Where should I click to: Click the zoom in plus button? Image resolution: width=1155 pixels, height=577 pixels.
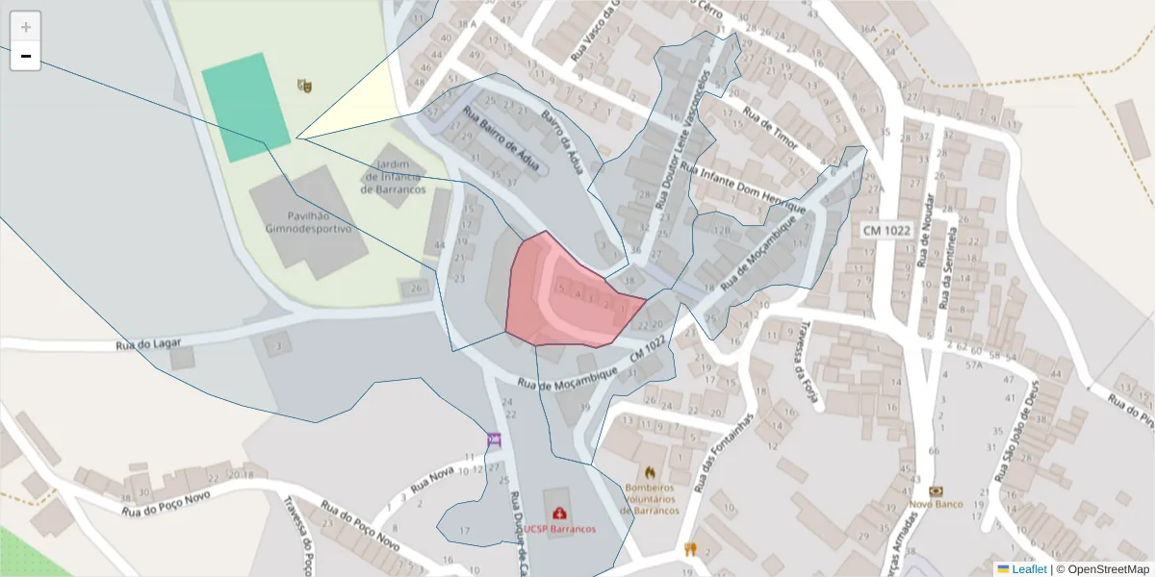tap(26, 27)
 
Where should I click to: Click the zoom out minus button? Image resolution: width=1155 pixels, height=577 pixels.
tap(26, 57)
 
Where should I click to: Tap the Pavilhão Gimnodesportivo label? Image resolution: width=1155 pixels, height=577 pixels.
tap(309, 222)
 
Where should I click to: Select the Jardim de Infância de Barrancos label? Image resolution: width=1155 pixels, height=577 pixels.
tap(394, 177)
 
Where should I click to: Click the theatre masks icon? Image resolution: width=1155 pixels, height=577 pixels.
tap(304, 86)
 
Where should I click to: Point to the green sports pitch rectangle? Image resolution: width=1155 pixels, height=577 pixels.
tap(245, 107)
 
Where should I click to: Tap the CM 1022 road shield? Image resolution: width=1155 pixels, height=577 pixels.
tap(886, 231)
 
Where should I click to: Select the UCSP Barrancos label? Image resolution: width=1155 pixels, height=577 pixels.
tap(559, 529)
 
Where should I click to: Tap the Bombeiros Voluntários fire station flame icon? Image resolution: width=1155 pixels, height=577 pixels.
tap(650, 472)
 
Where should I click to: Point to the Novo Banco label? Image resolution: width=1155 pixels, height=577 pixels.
tap(937, 504)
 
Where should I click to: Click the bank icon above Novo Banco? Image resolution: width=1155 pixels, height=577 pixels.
tap(937, 490)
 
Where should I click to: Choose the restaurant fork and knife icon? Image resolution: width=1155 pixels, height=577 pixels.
tap(689, 550)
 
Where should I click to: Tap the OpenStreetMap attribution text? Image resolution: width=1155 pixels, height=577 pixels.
tap(1102, 569)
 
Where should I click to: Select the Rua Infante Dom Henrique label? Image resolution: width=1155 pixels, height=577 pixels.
tap(742, 188)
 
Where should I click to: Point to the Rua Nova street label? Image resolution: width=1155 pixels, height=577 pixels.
tap(432, 478)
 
